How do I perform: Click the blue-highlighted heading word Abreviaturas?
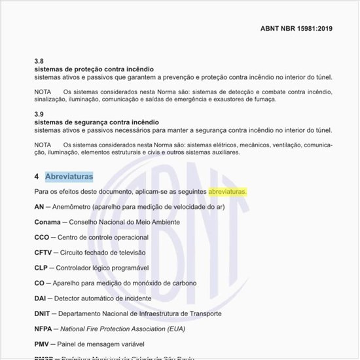[69, 177]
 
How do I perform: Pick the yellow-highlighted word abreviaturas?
[227, 192]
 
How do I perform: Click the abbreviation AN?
[39, 207]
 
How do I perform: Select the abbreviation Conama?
[48, 222]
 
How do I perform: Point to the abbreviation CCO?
[42, 237]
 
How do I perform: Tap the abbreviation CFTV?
[43, 253]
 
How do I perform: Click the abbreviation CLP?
[42, 268]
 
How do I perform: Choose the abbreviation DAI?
[41, 298]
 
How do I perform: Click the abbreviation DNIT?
[43, 314]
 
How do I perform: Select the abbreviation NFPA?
[45, 329]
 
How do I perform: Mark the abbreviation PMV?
[43, 344]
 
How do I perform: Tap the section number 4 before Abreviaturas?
[37, 177]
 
